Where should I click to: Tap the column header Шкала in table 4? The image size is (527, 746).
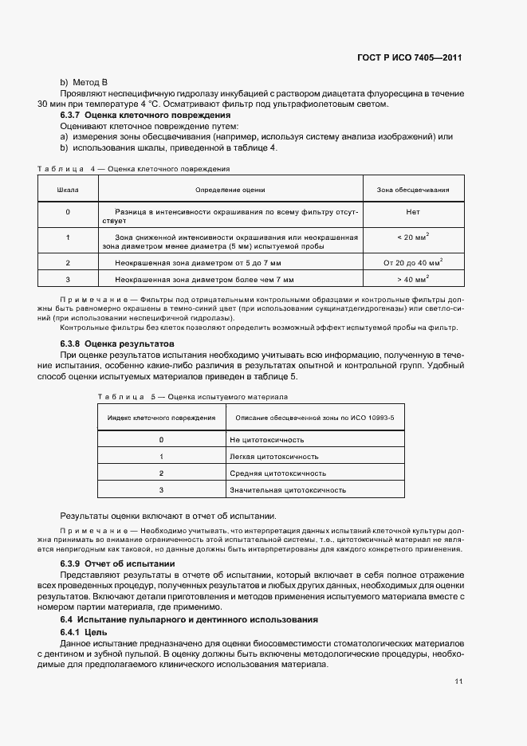pyautogui.click(x=68, y=190)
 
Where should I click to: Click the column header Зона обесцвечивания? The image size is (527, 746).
pyautogui.click(x=412, y=190)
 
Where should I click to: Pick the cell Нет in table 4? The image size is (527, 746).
pyautogui.click(x=412, y=212)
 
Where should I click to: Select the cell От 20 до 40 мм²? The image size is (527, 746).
pyautogui.click(x=412, y=261)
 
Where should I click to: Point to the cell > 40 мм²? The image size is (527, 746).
pyautogui.click(x=412, y=279)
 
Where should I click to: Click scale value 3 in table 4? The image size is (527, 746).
pyautogui.click(x=68, y=280)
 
